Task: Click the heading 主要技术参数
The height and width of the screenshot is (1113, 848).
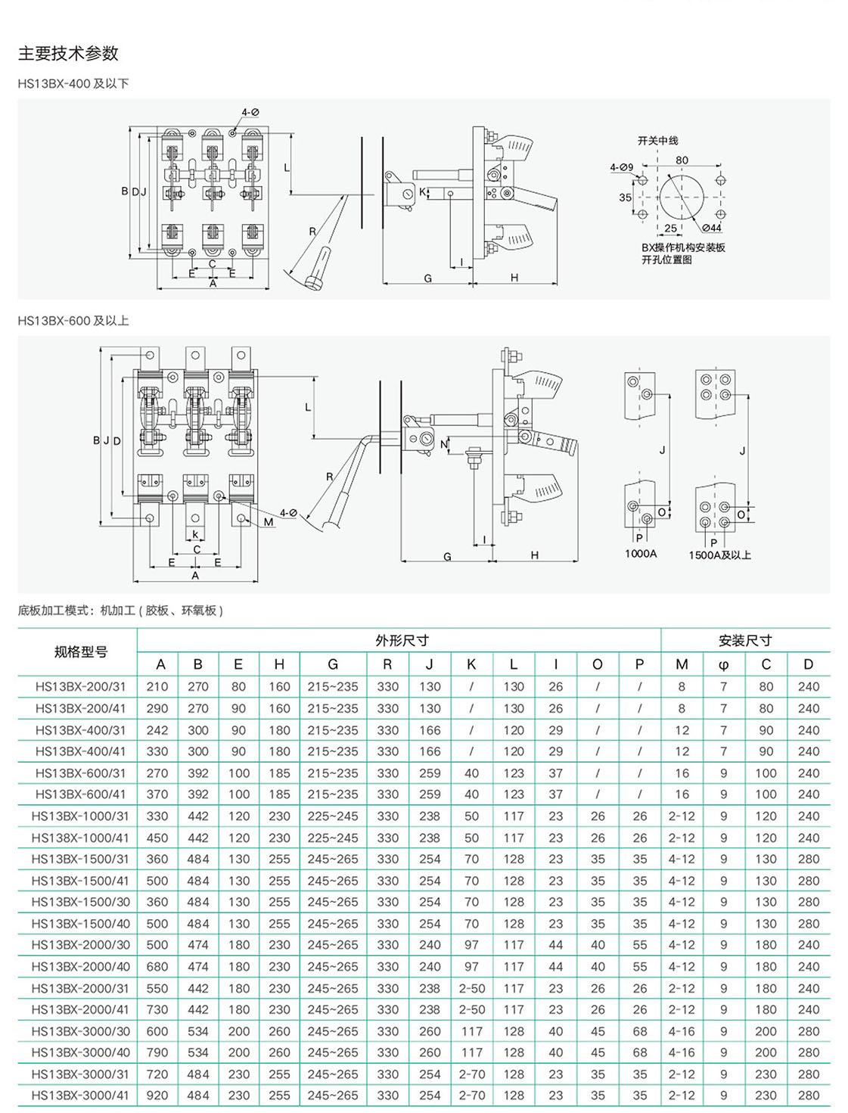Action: (68, 54)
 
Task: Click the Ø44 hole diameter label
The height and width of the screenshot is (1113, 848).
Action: (711, 228)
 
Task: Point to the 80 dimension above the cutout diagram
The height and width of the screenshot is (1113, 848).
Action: (682, 160)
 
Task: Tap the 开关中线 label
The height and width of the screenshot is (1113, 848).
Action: (657, 141)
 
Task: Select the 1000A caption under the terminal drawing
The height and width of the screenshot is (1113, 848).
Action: (641, 554)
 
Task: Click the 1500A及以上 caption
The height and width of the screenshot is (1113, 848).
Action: (719, 555)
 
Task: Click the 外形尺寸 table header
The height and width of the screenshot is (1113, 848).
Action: (402, 641)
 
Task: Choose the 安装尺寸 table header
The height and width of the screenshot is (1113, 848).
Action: (745, 641)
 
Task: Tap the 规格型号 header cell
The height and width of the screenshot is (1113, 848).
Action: (80, 652)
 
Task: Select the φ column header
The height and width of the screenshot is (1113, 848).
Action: (724, 665)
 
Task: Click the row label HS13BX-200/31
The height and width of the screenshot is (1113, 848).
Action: (80, 687)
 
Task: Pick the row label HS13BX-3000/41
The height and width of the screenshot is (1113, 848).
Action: (80, 1096)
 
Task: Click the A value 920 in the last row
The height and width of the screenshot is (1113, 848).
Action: (157, 1096)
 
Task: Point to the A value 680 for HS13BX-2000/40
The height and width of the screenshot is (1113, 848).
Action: (157, 967)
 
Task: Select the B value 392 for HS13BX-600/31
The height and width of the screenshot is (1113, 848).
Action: (198, 773)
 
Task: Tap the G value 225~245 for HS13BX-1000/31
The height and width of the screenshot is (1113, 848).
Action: (333, 816)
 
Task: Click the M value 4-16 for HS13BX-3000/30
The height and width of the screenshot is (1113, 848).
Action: (682, 1031)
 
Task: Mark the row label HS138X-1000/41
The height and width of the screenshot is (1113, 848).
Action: (80, 838)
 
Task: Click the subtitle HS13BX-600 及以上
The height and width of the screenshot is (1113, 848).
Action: (73, 321)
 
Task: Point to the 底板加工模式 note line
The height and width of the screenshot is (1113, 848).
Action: (120, 611)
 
